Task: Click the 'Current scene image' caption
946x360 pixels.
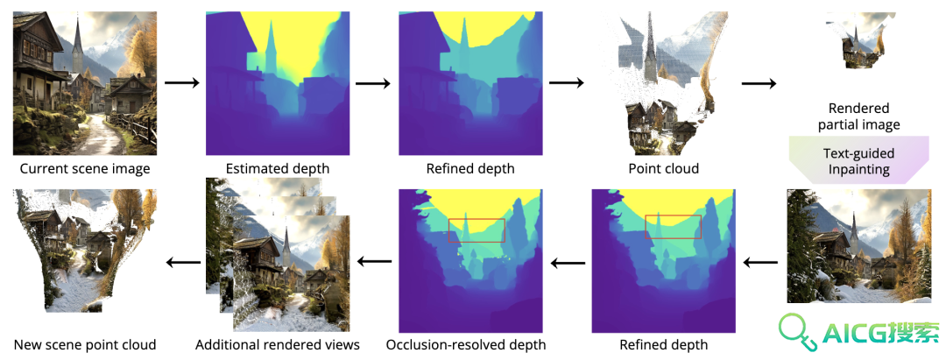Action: coord(85,169)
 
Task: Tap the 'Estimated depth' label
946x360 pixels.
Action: coord(278,169)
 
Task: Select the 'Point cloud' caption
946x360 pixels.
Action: coord(663,169)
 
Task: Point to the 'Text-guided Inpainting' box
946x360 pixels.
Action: coord(858,161)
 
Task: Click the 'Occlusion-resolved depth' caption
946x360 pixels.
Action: coord(466,345)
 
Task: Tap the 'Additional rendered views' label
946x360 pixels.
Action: coord(278,345)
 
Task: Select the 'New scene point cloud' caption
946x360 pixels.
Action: coord(85,345)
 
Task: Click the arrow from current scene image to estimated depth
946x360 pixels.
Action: coord(181,82)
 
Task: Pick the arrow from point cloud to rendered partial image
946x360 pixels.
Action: coord(759,82)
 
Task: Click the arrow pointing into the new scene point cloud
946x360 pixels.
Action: coord(183,262)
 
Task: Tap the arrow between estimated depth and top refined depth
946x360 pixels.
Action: coord(373,82)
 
